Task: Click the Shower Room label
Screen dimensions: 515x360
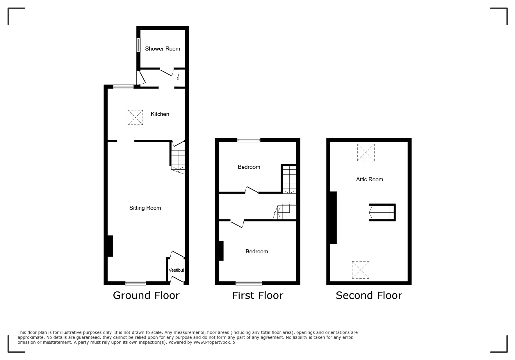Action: tap(163, 49)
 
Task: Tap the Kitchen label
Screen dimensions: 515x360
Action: tap(160, 114)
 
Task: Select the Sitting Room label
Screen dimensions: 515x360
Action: tap(145, 208)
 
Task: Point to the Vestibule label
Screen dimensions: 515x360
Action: tap(177, 270)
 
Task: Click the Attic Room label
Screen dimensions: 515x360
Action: tap(370, 180)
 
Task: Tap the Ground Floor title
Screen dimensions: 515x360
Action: tap(146, 295)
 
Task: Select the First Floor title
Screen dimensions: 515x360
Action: tap(258, 295)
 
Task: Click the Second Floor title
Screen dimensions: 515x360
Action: tap(369, 295)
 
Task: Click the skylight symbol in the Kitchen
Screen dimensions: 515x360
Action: tap(135, 117)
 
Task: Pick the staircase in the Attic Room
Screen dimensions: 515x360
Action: tap(382, 212)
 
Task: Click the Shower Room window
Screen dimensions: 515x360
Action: tap(139, 45)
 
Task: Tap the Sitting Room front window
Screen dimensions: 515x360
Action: tap(136, 283)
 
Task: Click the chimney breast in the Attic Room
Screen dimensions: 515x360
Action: tap(333, 218)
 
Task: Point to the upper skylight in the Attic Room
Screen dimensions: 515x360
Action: tap(366, 152)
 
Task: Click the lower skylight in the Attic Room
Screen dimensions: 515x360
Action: tap(361, 270)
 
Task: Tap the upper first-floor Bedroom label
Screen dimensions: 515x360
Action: tap(249, 167)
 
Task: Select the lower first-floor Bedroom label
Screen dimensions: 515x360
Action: tap(257, 252)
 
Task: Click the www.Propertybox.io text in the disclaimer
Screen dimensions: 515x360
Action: tap(214, 342)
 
